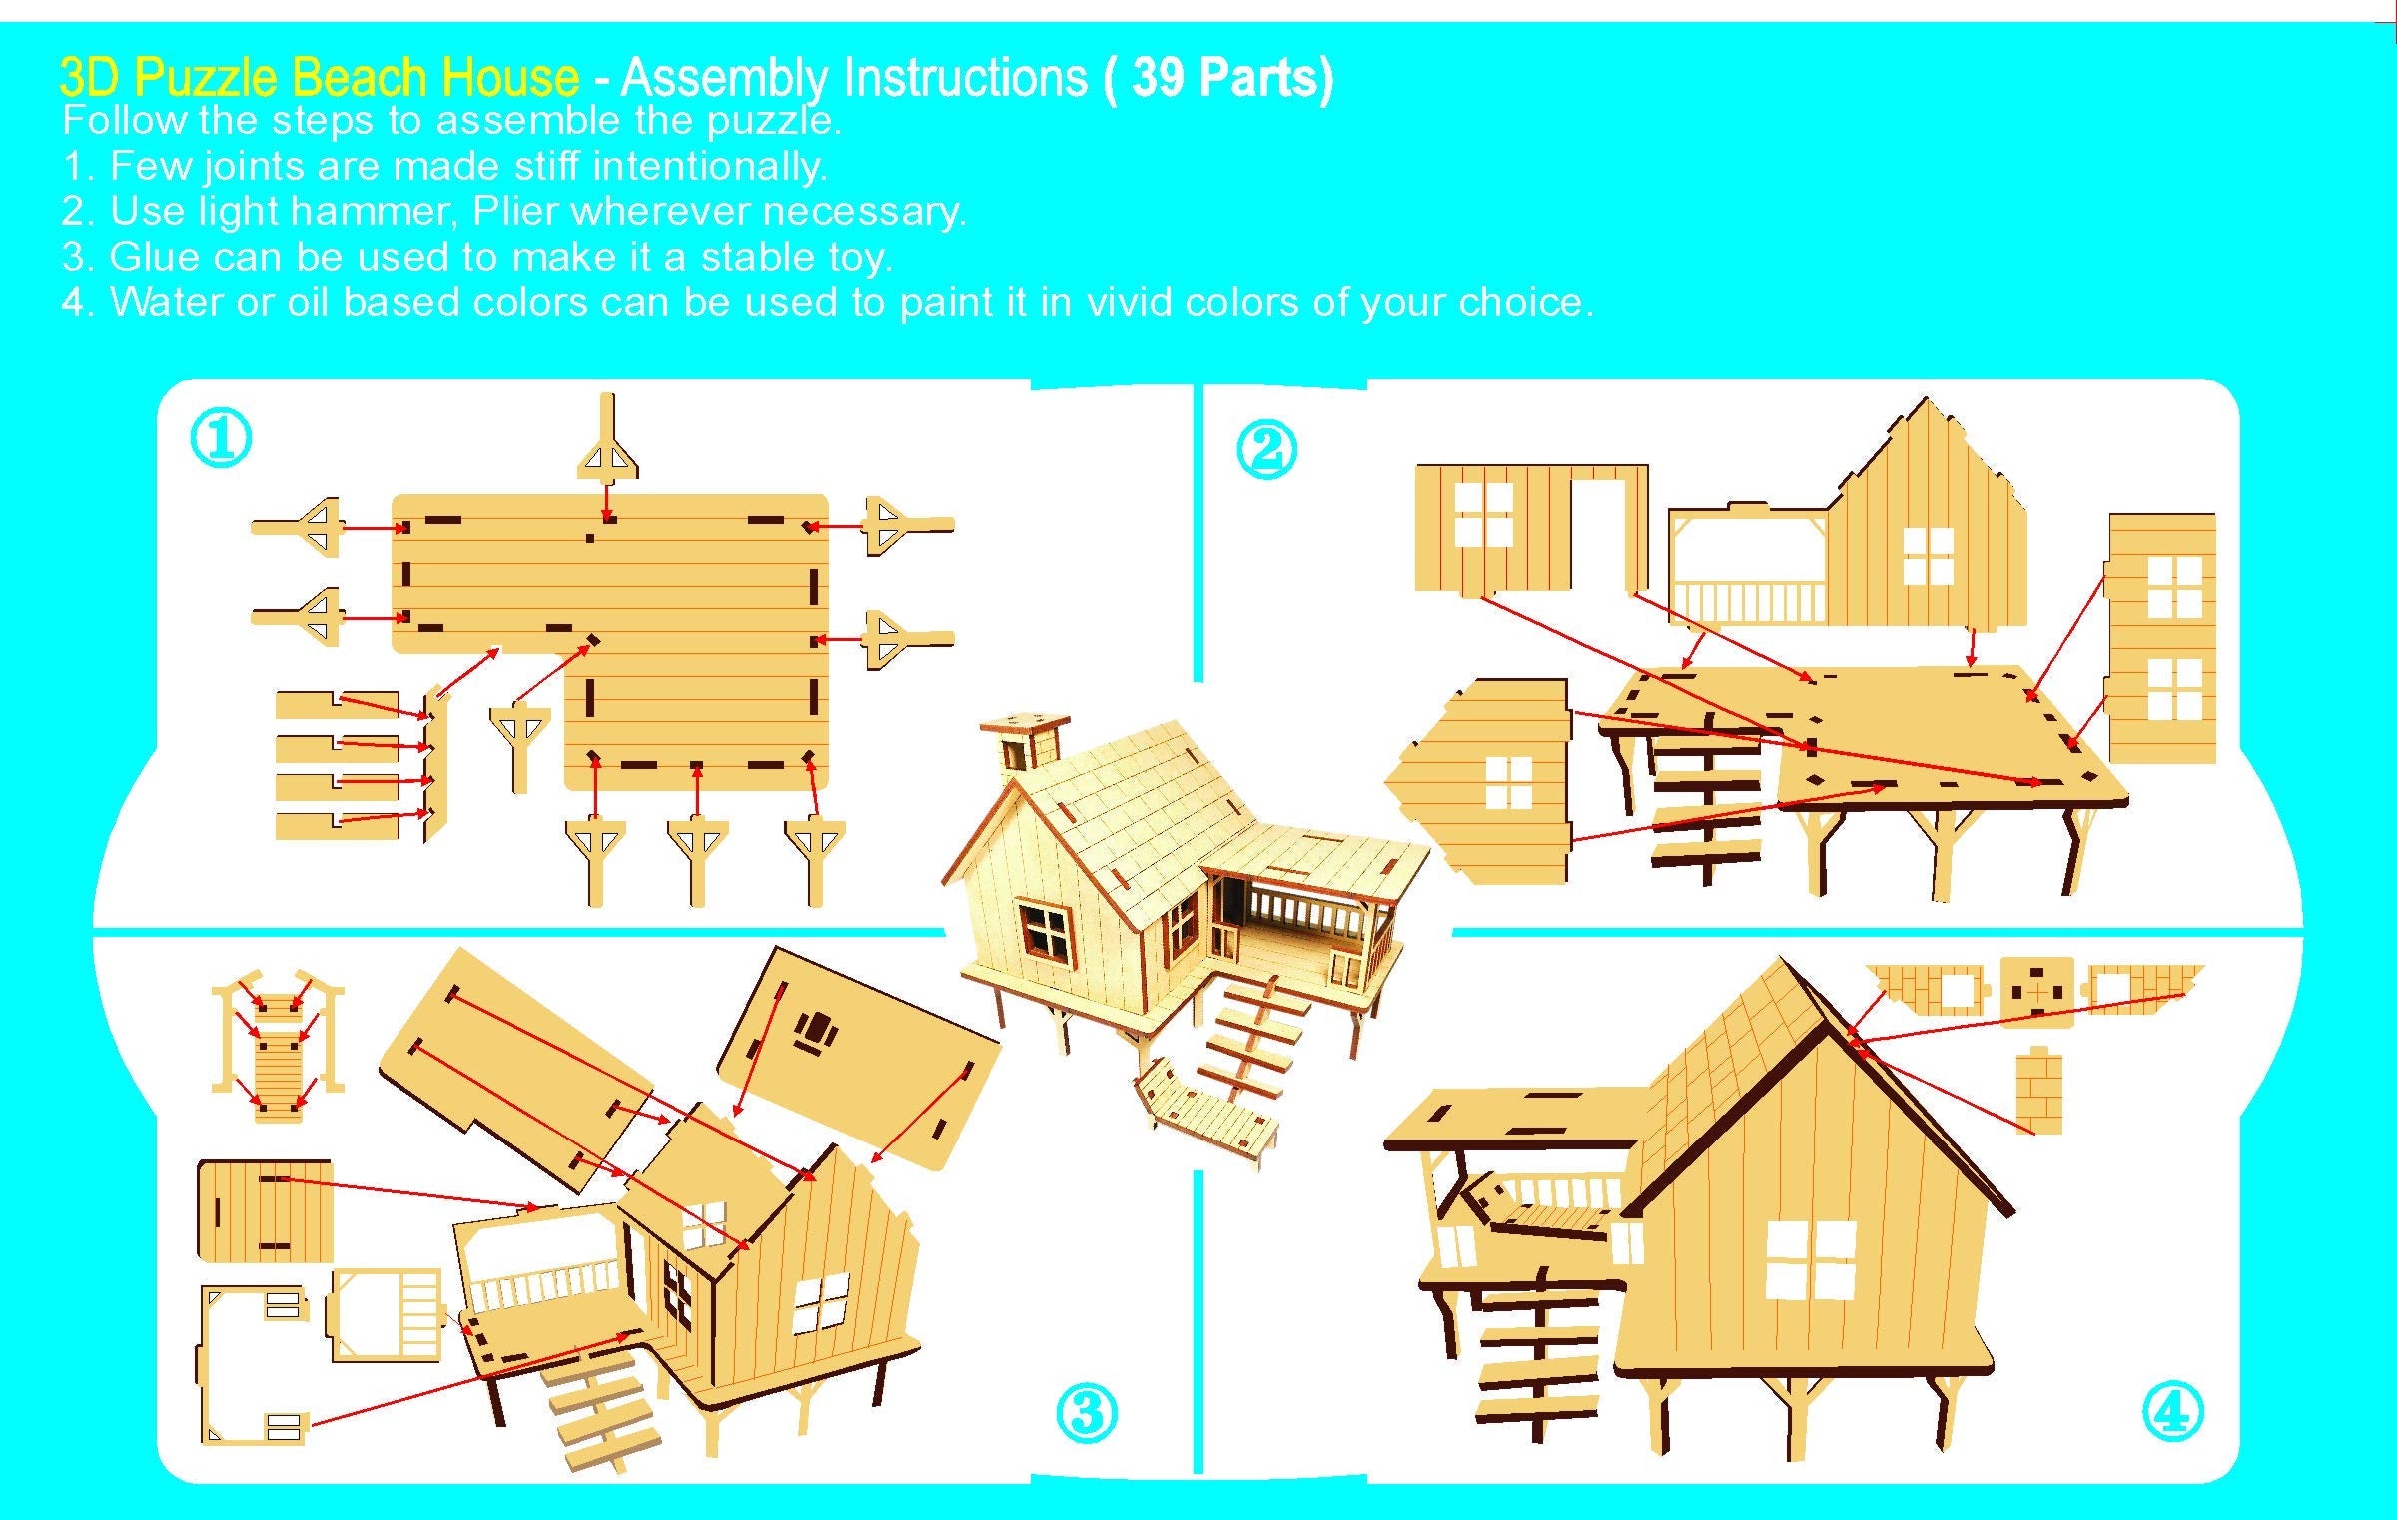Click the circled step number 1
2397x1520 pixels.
[221, 439]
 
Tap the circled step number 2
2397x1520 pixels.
[1266, 449]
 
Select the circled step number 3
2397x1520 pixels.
[1086, 1413]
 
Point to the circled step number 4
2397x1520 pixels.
[2172, 1411]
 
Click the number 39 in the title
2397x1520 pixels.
[1159, 77]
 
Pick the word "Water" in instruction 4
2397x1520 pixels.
[166, 302]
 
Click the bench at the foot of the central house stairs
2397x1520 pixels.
[1208, 1109]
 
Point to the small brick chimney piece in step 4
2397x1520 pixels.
[2038, 1091]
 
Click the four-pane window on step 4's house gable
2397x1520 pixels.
[1810, 1260]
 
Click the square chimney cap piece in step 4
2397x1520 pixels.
[2037, 991]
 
